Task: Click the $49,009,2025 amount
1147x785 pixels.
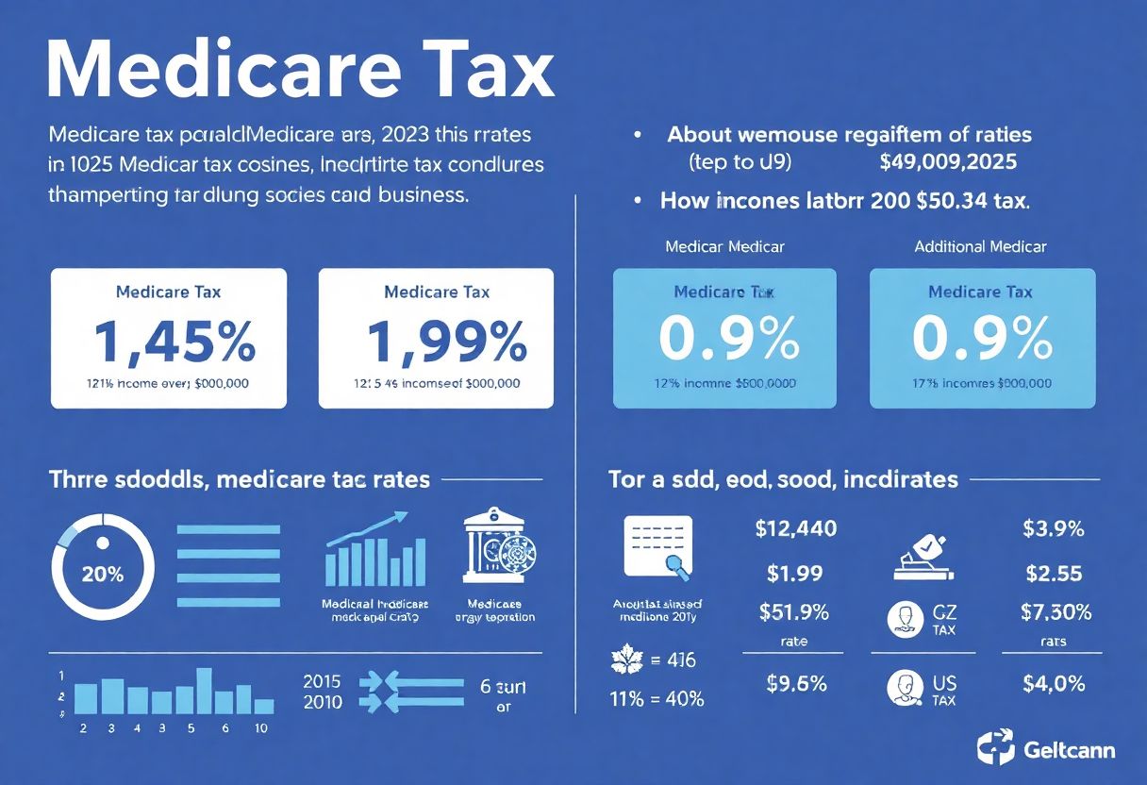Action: coord(947,161)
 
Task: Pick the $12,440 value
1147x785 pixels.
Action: coord(795,528)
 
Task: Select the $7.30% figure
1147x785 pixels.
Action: coord(1056,611)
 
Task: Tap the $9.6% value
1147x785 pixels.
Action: coord(793,683)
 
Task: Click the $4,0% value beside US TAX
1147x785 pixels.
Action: coord(1054,683)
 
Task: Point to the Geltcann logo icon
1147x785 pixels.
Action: coord(995,750)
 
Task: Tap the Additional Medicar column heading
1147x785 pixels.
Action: coord(980,246)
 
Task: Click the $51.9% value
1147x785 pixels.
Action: coord(793,611)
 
